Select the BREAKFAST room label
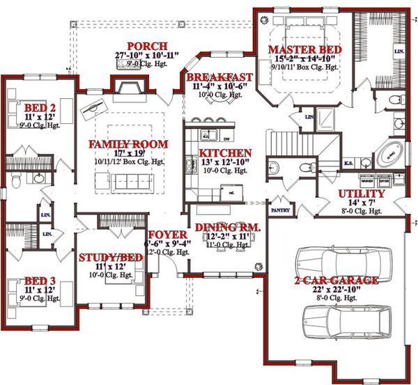[x=219, y=77]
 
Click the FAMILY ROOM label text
[x=127, y=144]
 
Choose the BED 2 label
[x=36, y=108]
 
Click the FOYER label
[x=167, y=235]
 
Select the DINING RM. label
[x=227, y=228]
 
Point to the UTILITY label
[x=362, y=193]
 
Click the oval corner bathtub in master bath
[x=391, y=153]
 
